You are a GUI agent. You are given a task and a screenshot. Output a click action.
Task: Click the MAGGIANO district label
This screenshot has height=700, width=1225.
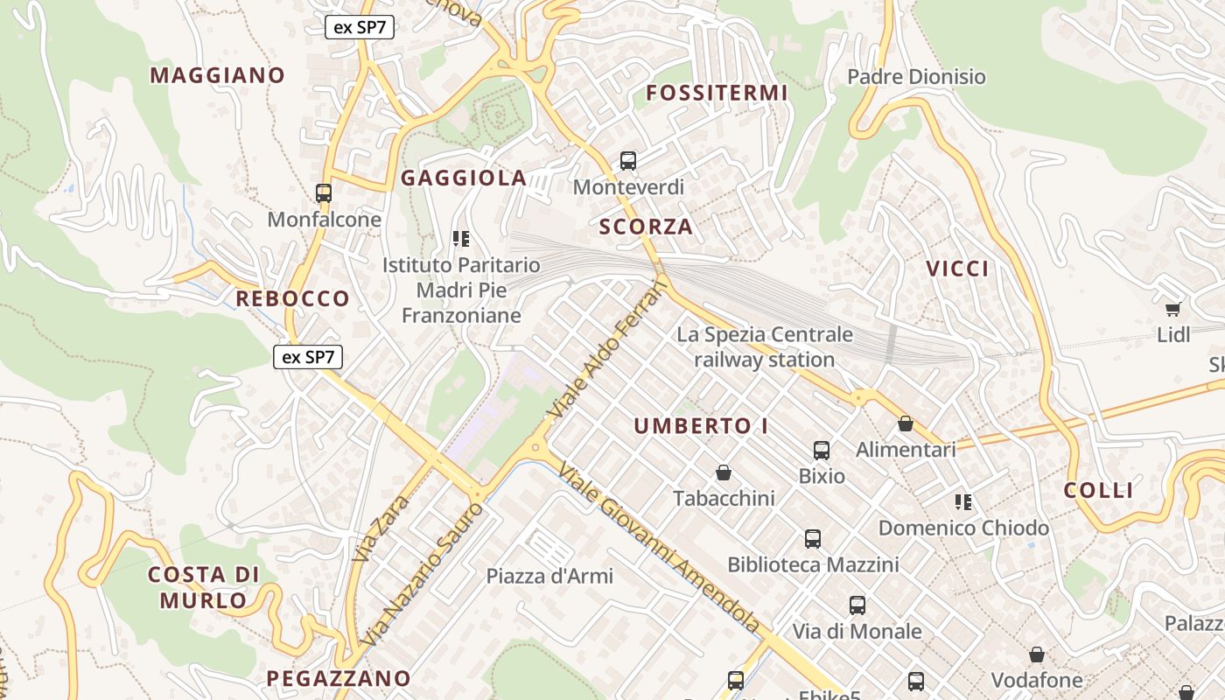pos(217,75)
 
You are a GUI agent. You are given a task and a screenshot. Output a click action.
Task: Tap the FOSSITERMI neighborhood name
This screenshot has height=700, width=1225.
pos(717,93)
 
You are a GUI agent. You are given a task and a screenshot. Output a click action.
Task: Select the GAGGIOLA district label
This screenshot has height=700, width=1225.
pos(463,178)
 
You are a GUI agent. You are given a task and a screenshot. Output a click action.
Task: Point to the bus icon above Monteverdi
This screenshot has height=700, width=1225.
pos(628,160)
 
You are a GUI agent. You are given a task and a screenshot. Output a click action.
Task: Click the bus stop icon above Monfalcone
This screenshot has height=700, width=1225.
pos(324,192)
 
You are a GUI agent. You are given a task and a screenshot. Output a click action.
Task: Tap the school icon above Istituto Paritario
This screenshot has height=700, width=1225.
pos(461,238)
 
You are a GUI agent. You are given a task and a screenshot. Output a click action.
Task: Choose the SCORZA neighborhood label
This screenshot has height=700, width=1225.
pos(646,227)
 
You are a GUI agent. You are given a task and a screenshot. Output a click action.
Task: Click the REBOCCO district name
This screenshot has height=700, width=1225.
pos(292,298)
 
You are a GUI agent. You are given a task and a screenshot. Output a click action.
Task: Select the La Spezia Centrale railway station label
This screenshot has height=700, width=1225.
pos(764,346)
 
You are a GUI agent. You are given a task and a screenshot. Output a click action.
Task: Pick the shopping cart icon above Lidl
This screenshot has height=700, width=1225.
pos(1173,309)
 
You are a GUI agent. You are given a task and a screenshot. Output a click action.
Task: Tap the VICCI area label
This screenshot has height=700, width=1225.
pos(957,269)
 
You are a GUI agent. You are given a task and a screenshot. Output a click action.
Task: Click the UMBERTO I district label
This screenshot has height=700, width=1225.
pos(701,426)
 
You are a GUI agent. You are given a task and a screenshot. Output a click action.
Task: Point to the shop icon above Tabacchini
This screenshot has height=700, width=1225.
pos(724,472)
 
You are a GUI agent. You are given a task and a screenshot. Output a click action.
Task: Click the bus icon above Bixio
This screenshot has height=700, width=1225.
pos(822,451)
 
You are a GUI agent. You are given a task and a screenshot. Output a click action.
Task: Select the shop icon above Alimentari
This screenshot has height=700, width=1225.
pos(906,423)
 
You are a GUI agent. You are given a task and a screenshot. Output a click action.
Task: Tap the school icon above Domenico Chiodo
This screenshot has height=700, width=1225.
pos(963,502)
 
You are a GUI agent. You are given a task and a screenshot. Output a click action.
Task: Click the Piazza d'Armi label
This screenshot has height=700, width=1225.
pos(549,576)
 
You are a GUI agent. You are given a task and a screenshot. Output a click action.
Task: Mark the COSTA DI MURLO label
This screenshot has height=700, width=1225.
pos(203,587)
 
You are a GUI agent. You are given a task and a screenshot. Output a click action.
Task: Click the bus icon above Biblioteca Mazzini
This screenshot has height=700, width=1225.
pos(813,538)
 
